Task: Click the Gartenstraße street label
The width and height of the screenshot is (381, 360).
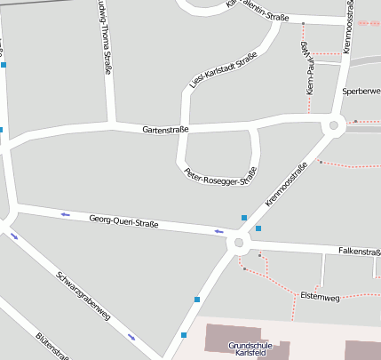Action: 165,130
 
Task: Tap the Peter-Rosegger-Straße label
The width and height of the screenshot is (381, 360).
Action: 219,177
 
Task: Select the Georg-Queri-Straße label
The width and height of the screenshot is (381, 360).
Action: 123,222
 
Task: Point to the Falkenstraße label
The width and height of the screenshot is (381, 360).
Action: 359,252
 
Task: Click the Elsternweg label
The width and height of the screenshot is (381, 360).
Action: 320,296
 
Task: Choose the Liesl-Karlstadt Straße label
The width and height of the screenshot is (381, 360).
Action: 224,70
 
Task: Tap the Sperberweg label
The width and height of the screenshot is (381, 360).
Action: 361,92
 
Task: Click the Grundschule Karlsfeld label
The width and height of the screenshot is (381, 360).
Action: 247,349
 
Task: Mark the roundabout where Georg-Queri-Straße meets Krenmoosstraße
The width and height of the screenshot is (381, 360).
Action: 237,242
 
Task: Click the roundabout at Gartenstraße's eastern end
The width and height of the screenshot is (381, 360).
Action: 335,124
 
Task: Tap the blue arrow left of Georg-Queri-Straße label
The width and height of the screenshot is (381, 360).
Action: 65,214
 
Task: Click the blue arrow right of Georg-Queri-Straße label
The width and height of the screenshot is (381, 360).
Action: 219,232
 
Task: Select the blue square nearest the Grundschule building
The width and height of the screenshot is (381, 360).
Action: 184,335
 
